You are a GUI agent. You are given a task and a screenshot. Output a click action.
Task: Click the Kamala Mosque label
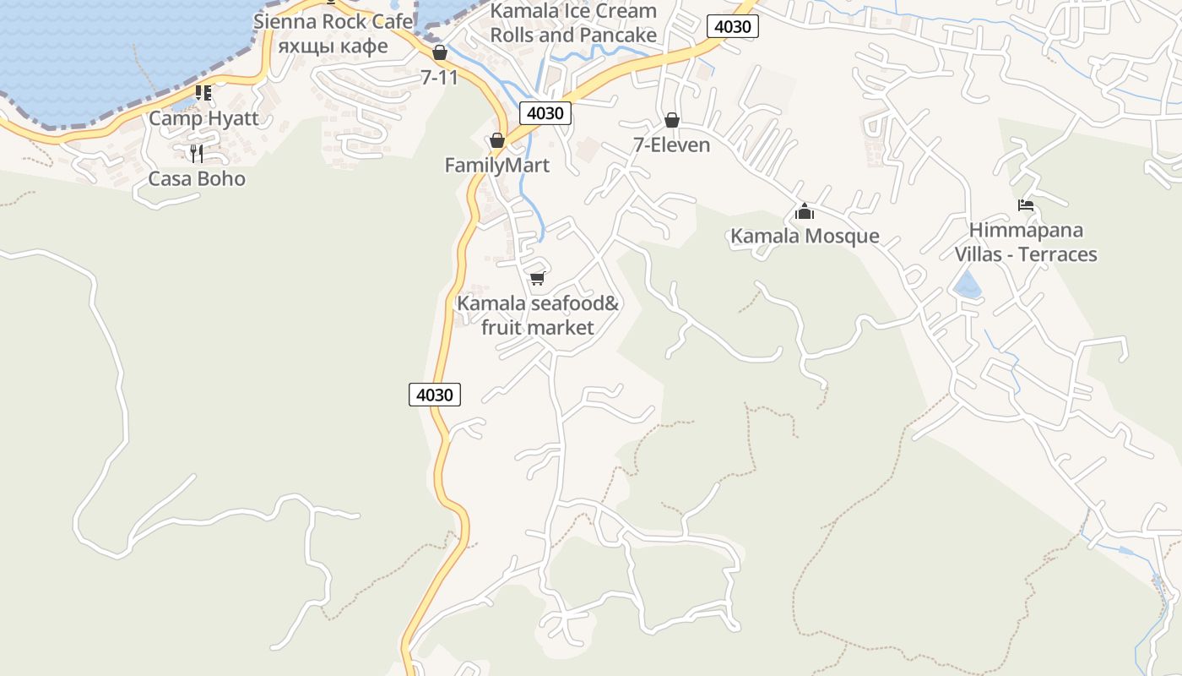pos(805,236)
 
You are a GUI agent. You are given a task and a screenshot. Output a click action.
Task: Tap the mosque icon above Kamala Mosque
pos(805,210)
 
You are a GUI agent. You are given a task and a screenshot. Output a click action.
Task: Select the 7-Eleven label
pos(672,144)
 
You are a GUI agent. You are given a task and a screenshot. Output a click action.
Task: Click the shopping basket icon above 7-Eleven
pos(672,120)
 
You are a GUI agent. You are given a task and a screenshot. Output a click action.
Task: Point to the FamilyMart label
pos(497,166)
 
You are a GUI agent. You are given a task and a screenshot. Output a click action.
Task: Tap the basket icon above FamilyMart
pos(497,140)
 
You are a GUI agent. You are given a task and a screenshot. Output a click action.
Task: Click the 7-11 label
pos(439,77)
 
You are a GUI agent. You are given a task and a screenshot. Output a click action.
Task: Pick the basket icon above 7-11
pos(439,52)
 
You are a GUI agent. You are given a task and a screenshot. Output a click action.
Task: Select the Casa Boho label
pos(197,178)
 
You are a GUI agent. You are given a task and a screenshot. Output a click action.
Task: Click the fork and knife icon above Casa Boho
pos(197,153)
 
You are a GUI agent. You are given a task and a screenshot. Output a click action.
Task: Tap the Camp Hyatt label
pos(203,117)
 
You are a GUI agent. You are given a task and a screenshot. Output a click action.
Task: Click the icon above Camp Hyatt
pos(203,93)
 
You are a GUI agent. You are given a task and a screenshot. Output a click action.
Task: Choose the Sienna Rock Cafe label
pos(333,21)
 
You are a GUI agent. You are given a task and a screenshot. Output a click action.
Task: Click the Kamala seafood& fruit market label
pos(538,315)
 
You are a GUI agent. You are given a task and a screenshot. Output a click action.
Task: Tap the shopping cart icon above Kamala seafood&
pos(538,278)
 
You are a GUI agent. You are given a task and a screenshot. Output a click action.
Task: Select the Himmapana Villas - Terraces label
pos(1026,242)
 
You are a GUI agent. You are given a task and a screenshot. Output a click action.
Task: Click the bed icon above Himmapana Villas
pos(1026,205)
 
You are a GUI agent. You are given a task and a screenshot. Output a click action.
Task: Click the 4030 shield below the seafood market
pos(435,394)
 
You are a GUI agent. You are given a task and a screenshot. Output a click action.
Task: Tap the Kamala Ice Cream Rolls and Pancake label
pos(573,23)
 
